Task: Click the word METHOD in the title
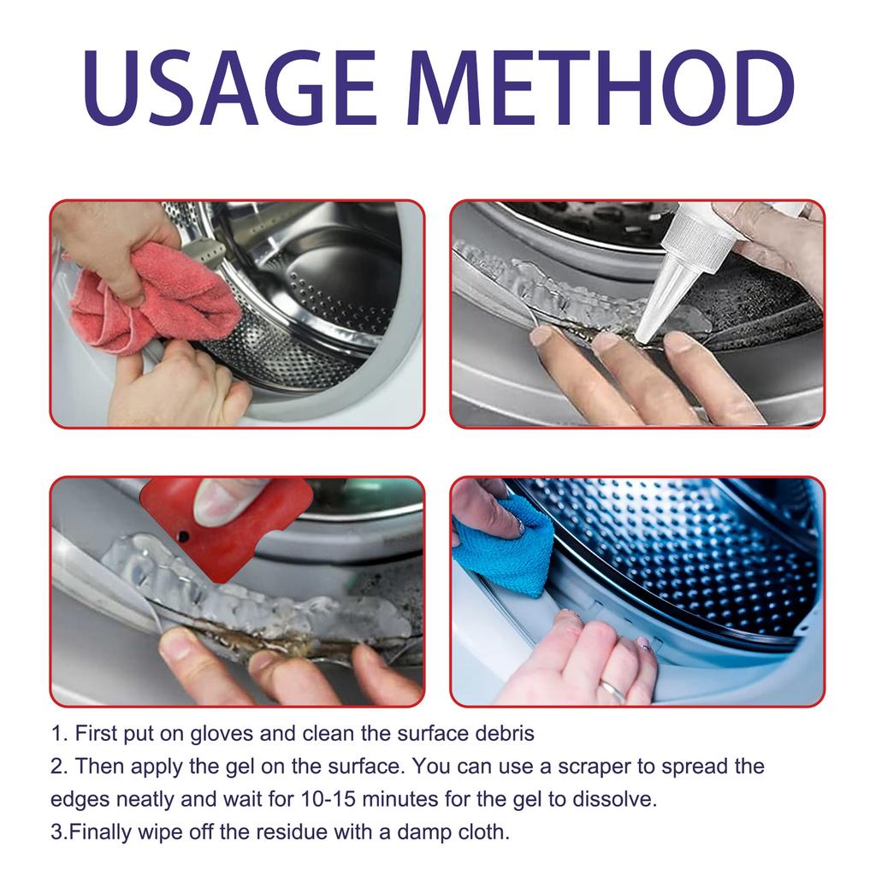[601, 87]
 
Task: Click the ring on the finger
[612, 690]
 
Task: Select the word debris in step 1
[505, 733]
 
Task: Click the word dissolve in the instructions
[614, 799]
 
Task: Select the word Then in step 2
[99, 766]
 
